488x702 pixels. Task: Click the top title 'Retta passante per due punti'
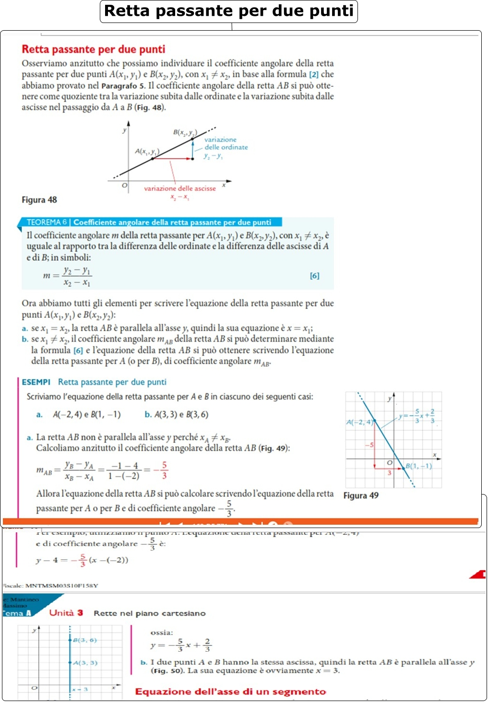coord(229,11)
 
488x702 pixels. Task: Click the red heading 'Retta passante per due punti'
coord(94,49)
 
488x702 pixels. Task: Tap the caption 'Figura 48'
coord(39,200)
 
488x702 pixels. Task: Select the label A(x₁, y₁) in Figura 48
coord(147,152)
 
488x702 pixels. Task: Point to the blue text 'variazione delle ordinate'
coord(226,144)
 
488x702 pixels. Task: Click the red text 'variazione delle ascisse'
coord(180,188)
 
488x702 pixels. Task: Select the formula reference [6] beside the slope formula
coord(314,276)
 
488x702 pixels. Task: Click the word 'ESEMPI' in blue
coord(36,382)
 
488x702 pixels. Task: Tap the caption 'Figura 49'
coord(361,495)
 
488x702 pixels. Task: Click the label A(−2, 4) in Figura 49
coord(359,422)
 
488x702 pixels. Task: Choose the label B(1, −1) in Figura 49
coord(419,466)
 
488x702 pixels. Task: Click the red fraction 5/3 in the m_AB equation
coord(164,470)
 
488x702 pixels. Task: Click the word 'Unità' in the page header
coord(62,613)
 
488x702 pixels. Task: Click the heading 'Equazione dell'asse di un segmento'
coord(230,691)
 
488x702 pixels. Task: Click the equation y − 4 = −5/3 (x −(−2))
coord(82,560)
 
